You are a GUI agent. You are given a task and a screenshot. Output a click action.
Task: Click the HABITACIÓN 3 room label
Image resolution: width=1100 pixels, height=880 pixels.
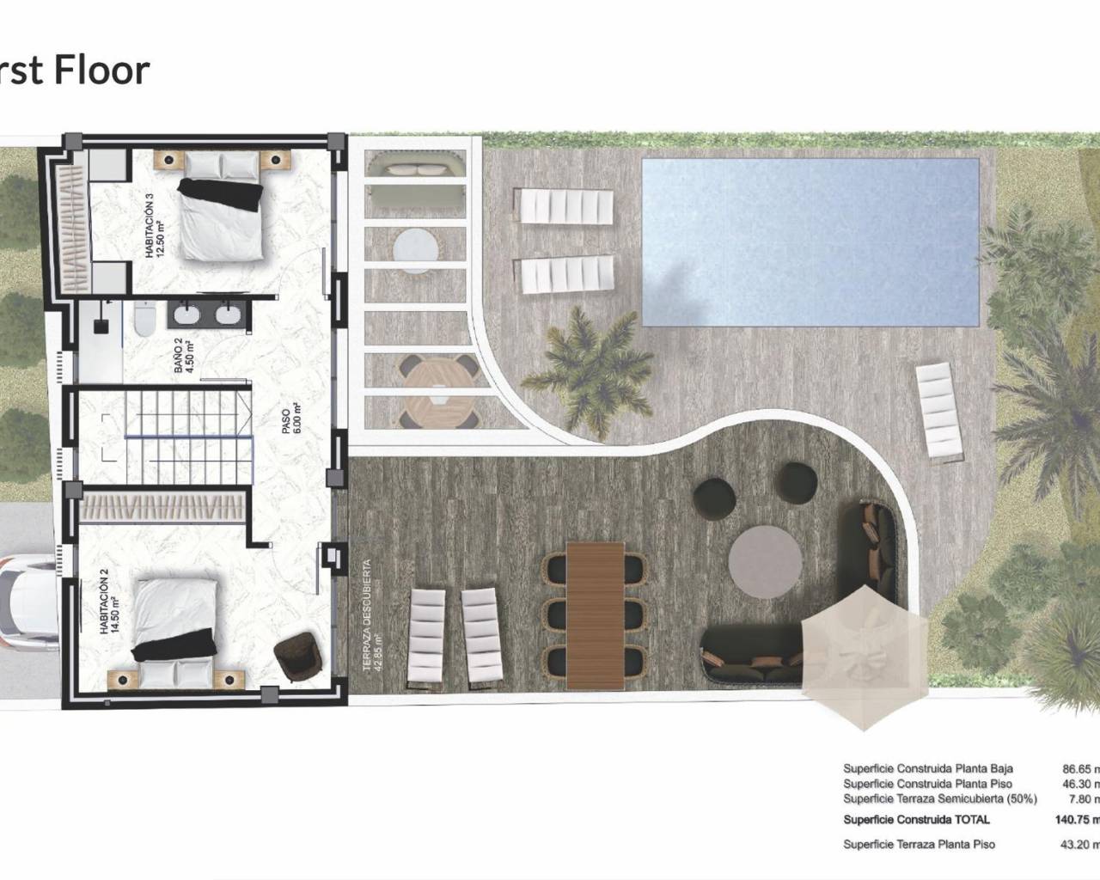154,226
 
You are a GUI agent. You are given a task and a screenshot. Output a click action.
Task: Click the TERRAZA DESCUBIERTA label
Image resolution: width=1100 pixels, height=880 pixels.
370,614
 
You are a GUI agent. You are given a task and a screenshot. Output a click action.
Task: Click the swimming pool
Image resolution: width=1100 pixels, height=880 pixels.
810,242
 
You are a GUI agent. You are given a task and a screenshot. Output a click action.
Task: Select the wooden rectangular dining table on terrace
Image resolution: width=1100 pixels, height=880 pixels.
595,614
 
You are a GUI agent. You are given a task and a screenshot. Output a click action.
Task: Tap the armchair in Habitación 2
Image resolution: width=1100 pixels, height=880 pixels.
297,656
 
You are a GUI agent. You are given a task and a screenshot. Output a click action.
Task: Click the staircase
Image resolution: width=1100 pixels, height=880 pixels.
175,436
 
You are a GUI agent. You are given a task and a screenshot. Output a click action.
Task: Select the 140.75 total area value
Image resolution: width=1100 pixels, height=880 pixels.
1074,820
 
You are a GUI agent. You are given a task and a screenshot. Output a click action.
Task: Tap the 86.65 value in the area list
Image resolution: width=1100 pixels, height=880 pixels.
1078,769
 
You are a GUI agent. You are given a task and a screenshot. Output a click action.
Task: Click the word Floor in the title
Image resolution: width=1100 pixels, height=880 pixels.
101,70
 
